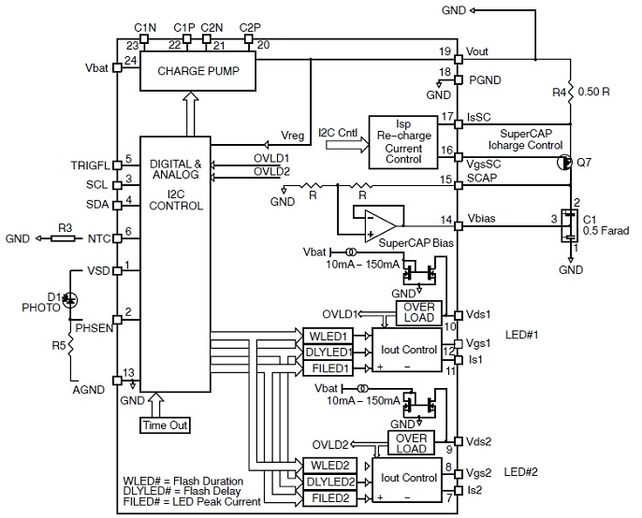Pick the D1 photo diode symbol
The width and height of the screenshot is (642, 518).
(x=71, y=298)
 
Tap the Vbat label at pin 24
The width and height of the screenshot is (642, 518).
(x=96, y=68)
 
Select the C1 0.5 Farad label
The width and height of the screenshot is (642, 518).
(x=602, y=224)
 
